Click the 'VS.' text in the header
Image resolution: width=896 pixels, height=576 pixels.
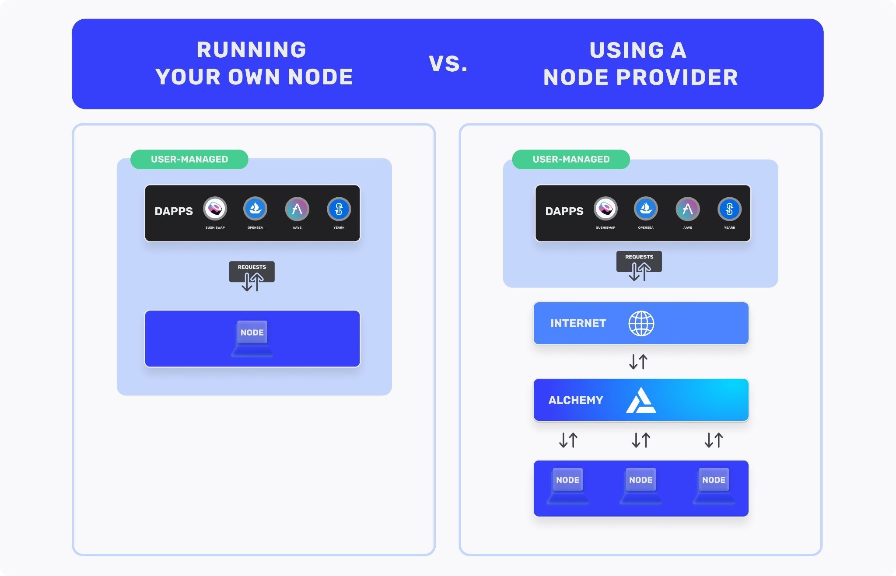pos(448,64)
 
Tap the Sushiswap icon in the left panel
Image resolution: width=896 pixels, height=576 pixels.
pos(215,209)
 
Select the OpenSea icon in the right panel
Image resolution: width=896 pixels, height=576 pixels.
pos(646,209)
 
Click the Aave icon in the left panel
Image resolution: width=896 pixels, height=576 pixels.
pos(297,209)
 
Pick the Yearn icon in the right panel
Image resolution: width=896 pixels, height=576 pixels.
pos(729,209)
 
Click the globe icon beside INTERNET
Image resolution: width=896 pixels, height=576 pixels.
pos(641,323)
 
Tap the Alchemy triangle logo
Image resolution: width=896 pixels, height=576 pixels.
pos(641,400)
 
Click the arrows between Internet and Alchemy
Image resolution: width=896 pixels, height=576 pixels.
pos(638,362)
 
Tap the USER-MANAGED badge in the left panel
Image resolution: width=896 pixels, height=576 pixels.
pos(189,159)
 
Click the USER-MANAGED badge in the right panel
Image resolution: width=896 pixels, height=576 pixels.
pos(571,159)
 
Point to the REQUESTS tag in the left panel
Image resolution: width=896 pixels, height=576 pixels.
pos(252,267)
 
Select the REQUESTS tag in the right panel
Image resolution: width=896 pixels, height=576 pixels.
pos(639,257)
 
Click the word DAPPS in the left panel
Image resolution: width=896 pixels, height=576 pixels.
pos(174,211)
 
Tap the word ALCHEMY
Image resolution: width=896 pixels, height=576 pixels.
pos(575,400)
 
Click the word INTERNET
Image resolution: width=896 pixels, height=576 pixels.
pos(578,323)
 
